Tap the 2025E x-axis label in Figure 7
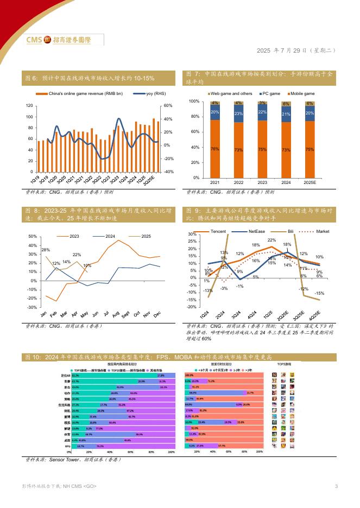click(x=310, y=182)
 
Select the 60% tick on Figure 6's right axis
click(x=167, y=105)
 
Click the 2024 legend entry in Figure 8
click(x=108, y=236)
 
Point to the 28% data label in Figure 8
click(x=46, y=249)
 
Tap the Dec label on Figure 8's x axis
click(x=158, y=314)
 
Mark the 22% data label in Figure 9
click(x=271, y=240)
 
